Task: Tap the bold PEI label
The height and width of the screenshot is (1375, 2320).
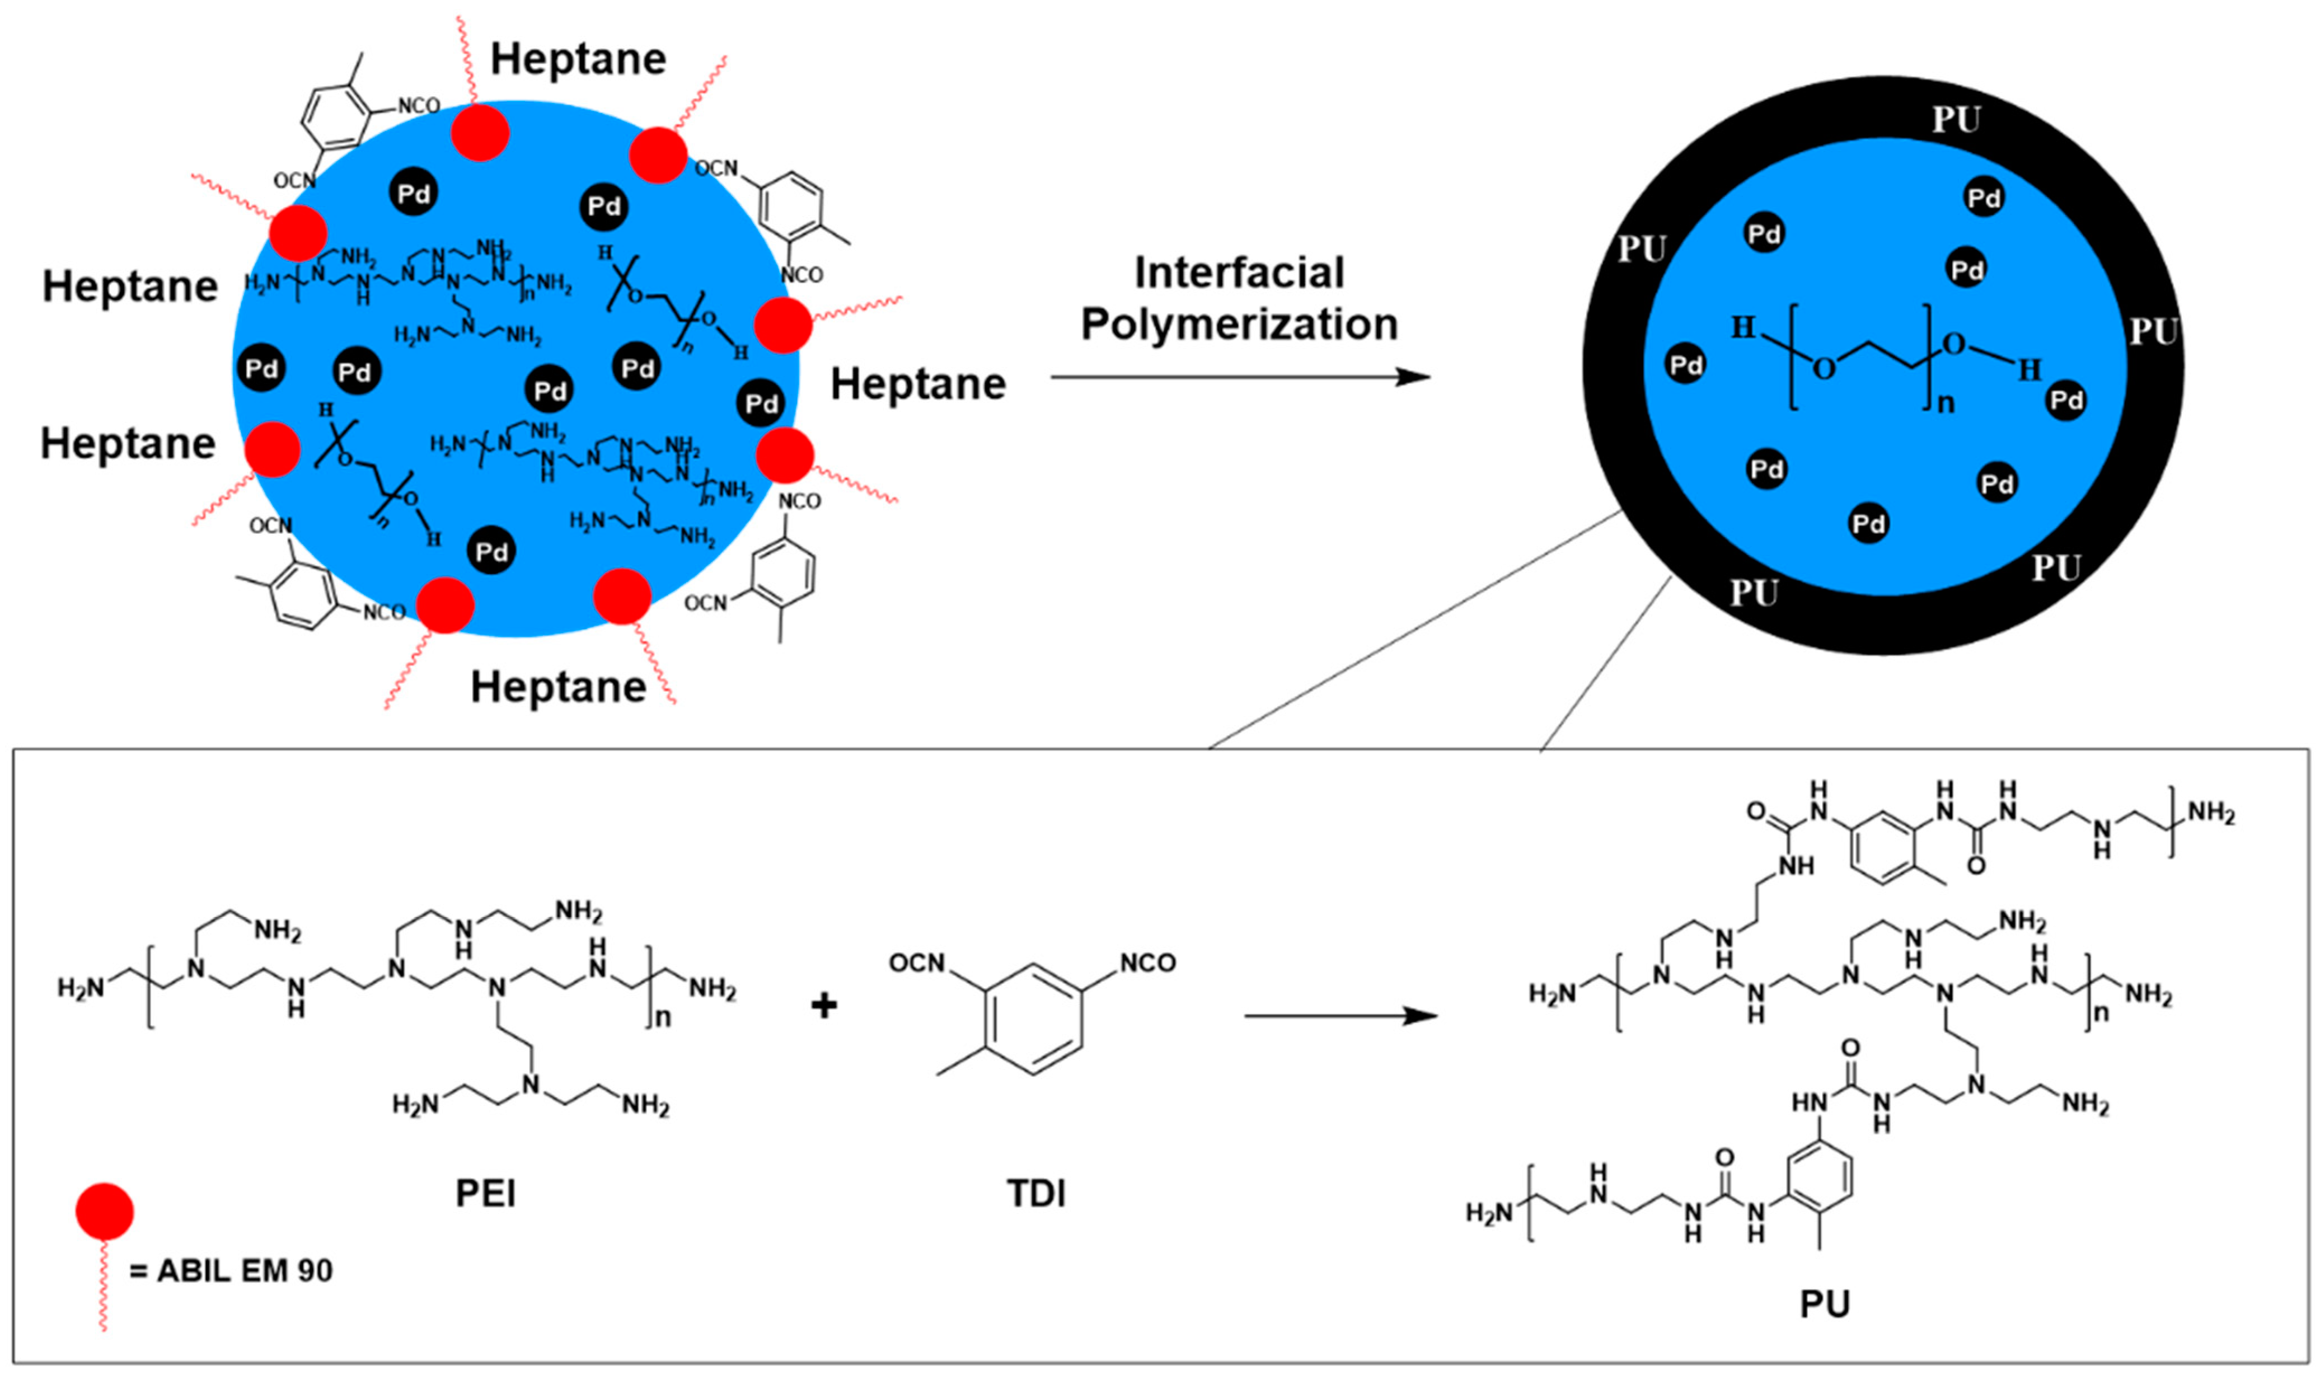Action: click(x=485, y=1193)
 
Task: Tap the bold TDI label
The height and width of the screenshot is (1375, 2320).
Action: click(x=1036, y=1193)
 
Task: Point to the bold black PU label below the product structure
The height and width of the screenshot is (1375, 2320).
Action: click(x=1824, y=1304)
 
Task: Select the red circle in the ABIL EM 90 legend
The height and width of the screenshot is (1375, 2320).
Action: click(x=105, y=1211)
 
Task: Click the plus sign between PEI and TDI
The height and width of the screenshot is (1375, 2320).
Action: click(x=824, y=1005)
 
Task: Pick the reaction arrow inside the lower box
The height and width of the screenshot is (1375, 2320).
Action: click(x=1340, y=1016)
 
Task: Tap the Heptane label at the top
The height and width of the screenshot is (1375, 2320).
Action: click(x=578, y=59)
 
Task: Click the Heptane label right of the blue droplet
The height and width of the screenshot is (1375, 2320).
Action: click(x=917, y=383)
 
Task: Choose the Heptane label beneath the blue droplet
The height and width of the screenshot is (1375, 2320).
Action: click(x=558, y=687)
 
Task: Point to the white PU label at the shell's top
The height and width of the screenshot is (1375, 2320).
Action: click(x=1955, y=120)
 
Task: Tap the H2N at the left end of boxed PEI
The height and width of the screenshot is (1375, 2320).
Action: click(x=82, y=989)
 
